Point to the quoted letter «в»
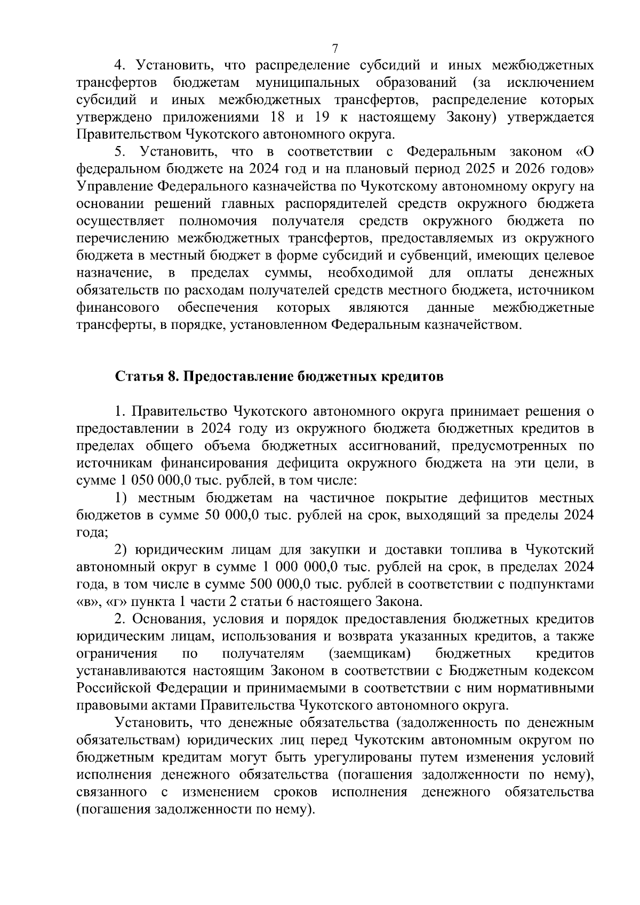(85, 602)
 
